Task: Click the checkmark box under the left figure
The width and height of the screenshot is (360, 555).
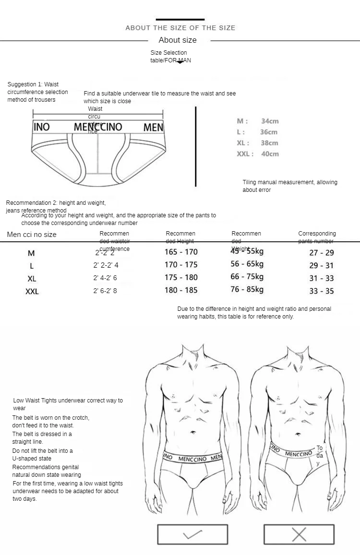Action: click(x=192, y=534)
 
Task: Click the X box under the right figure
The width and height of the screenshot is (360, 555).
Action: click(x=299, y=534)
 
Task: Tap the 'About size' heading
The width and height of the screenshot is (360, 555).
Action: click(x=178, y=40)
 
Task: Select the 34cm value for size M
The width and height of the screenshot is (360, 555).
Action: click(x=270, y=121)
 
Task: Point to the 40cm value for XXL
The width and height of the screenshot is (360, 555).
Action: click(x=270, y=154)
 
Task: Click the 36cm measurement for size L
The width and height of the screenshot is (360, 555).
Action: click(x=269, y=132)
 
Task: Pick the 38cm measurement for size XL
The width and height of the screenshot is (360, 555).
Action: click(x=269, y=143)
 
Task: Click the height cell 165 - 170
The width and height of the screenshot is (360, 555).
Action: click(x=181, y=252)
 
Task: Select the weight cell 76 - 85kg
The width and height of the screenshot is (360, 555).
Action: click(x=247, y=289)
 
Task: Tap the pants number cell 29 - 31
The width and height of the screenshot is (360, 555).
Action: click(x=322, y=265)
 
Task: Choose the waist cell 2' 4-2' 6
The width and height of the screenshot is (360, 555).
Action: click(x=105, y=278)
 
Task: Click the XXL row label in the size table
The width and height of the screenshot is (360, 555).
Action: click(x=32, y=291)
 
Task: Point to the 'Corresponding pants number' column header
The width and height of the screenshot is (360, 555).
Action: click(x=317, y=237)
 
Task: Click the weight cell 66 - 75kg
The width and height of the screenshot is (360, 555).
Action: click(x=247, y=277)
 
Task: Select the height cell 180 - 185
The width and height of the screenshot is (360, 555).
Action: click(x=181, y=290)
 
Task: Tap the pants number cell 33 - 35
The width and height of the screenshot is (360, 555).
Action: click(x=322, y=291)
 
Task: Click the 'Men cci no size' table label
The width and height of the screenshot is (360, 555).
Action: click(x=32, y=235)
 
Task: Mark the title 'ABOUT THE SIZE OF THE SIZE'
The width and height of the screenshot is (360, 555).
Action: click(x=180, y=28)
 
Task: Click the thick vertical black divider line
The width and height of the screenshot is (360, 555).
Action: click(x=196, y=146)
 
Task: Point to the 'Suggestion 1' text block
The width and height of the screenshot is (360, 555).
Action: click(x=37, y=92)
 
